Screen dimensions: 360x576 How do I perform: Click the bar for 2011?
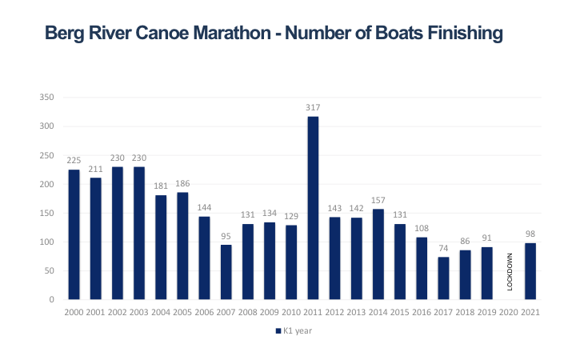[x=314, y=208]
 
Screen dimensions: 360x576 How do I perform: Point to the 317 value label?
[x=314, y=108]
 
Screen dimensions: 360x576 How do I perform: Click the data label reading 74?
[x=444, y=249]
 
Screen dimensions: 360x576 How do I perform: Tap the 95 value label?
[x=226, y=236]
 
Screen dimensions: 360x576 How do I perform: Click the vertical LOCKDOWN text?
[x=510, y=273]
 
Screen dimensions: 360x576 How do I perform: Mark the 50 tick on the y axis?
[x=48, y=271]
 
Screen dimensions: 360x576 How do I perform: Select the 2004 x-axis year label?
[x=161, y=311]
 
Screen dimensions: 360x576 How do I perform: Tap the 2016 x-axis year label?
[x=422, y=311]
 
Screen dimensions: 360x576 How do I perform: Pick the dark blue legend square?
[x=278, y=330]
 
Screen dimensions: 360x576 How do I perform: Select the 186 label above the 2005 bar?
[x=182, y=184]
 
